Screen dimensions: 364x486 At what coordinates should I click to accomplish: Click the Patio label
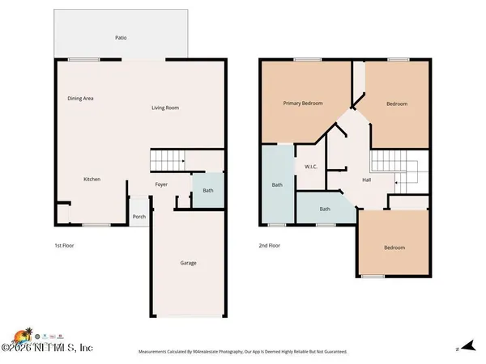click(x=121, y=37)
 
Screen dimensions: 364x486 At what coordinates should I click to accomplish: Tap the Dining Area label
click(x=80, y=99)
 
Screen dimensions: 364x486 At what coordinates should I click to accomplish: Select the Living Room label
click(x=165, y=108)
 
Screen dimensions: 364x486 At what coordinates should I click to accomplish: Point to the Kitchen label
click(x=92, y=179)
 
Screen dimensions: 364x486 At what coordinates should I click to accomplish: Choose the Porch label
click(x=139, y=216)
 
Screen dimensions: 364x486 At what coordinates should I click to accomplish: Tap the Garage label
click(x=188, y=263)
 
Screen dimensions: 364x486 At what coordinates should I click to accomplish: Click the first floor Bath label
click(x=208, y=191)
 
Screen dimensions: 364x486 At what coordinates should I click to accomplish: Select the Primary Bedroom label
click(x=302, y=104)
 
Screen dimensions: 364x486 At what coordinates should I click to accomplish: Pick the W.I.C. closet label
click(x=309, y=168)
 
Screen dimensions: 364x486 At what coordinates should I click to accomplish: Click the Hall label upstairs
click(x=366, y=180)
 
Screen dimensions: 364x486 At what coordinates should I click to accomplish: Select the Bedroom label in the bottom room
click(x=394, y=248)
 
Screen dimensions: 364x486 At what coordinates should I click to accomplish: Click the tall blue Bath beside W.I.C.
click(x=277, y=185)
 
